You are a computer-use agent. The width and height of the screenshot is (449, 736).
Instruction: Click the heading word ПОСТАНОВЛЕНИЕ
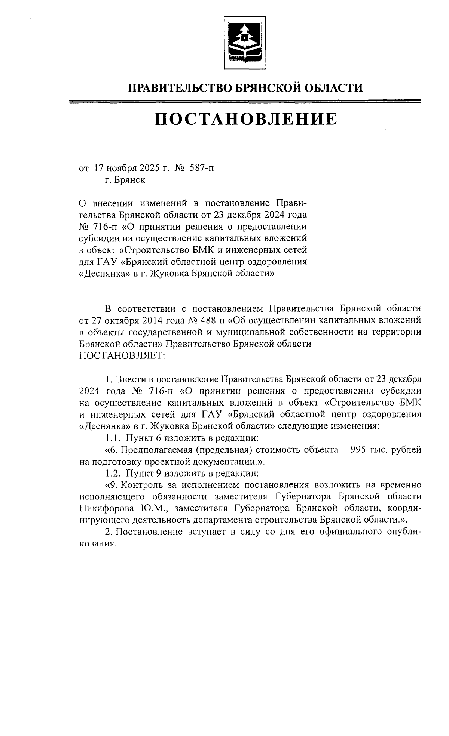click(245, 119)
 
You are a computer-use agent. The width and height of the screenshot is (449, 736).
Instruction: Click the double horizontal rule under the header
click(245, 101)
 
